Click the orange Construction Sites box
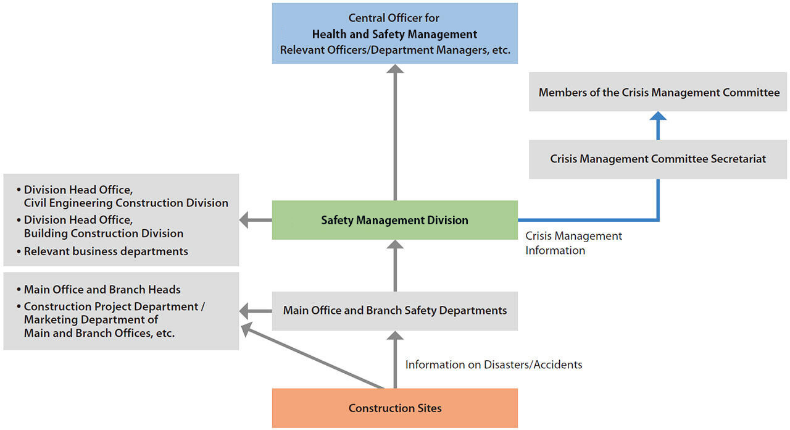(394, 408)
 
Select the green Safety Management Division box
(394, 220)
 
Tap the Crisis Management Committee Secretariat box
(658, 159)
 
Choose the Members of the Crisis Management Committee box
(658, 92)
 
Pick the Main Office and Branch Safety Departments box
(394, 311)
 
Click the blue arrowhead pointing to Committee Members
(658, 116)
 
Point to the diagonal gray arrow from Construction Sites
(312, 355)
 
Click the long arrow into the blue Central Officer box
(395, 132)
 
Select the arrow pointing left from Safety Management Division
(256, 220)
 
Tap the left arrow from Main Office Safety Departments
(256, 311)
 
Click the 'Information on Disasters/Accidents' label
(493, 365)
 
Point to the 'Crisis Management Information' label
(573, 243)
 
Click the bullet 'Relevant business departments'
(102, 251)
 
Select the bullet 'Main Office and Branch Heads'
(98, 290)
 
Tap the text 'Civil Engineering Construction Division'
(126, 203)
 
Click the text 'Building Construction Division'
(104, 234)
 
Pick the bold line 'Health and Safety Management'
(394, 34)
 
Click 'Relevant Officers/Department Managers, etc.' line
(395, 50)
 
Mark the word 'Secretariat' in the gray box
(738, 159)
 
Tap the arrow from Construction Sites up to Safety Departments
(395, 360)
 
